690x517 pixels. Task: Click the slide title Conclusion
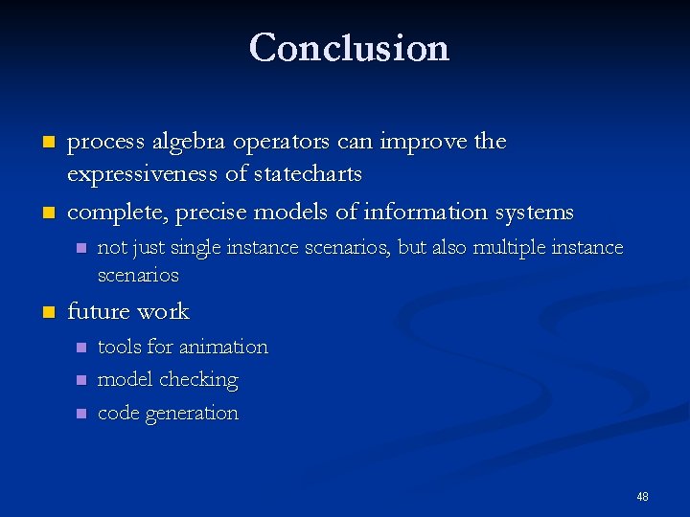(349, 47)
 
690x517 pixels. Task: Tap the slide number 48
(642, 496)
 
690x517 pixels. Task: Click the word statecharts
(304, 174)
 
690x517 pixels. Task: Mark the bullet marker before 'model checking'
(80, 380)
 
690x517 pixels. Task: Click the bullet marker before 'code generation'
(80, 414)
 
